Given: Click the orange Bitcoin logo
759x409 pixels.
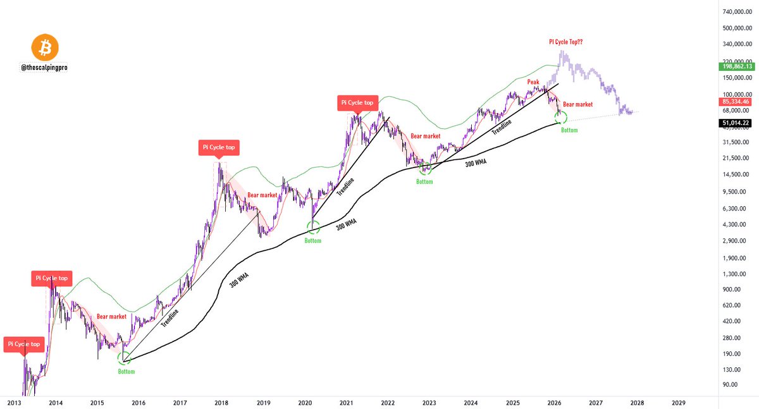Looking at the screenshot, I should [44, 48].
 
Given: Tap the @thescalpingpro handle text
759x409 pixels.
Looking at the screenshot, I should [45, 67].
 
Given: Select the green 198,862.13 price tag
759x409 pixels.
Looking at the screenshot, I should [737, 66].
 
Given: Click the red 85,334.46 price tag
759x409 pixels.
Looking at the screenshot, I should [737, 101].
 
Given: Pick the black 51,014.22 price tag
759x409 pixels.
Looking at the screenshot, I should [737, 123].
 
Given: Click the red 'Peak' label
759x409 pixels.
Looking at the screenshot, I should [534, 82].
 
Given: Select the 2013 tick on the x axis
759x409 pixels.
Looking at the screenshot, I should [15, 402].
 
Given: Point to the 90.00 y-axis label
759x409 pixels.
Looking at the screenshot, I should [747, 384].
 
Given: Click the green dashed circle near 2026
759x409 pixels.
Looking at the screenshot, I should [560, 117].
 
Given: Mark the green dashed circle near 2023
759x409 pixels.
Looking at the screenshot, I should [426, 168].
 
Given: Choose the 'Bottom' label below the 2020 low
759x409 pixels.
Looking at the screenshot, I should [313, 241].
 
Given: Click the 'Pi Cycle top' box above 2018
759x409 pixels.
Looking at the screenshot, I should [218, 147].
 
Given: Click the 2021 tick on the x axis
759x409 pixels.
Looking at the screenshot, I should [346, 402].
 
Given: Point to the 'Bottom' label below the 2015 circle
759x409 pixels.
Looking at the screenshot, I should [126, 371].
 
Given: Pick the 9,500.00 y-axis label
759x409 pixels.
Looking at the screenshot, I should [744, 192].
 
